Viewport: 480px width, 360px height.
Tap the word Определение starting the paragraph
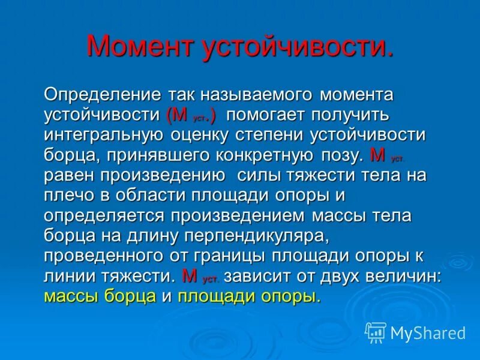(x=102, y=95)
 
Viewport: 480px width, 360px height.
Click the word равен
(x=68, y=176)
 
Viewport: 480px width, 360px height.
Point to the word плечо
(x=64, y=196)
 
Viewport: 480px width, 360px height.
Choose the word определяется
(x=106, y=215)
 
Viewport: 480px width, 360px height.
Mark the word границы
(x=233, y=256)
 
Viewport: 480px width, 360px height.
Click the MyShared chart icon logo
(x=376, y=332)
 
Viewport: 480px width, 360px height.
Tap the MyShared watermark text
(x=428, y=332)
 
